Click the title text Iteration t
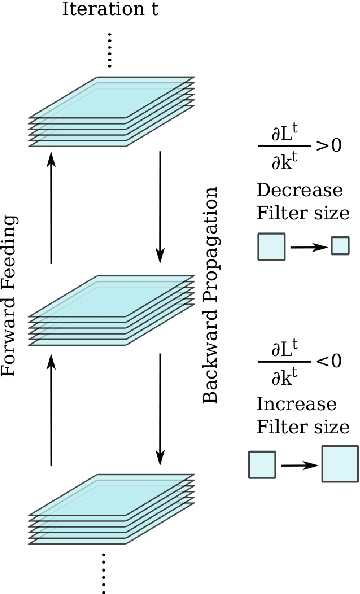click(108, 11)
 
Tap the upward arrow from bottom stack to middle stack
click(51, 413)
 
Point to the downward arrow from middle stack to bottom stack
click(161, 413)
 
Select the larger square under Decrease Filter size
click(271, 246)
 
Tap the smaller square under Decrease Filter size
click(340, 245)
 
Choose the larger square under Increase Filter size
click(339, 465)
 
